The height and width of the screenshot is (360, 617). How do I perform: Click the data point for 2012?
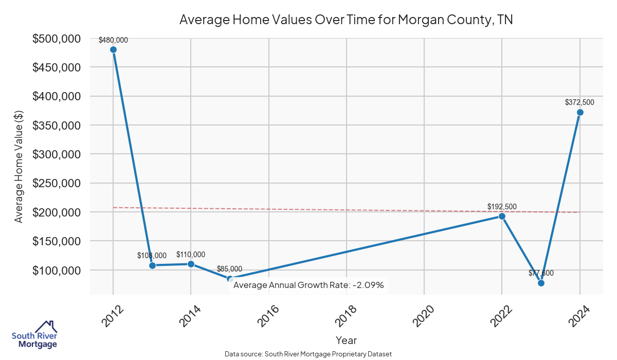pos(113,49)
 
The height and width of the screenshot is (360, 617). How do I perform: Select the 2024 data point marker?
pos(580,112)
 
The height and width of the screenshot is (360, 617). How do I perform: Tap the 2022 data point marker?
pos(502,216)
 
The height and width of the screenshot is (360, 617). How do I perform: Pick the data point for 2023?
pos(541,283)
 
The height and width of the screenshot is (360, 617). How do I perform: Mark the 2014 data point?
pos(191,264)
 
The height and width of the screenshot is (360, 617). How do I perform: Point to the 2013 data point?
pos(152,265)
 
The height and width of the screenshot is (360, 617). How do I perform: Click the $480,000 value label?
pos(113,40)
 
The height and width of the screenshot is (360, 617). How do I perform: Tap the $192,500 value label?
pos(502,207)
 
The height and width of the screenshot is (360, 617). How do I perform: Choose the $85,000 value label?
pos(229,268)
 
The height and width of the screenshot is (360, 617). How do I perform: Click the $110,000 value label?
pos(191,255)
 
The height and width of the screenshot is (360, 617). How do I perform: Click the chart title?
pos(346,20)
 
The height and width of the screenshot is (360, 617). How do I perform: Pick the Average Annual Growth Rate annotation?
pos(308,284)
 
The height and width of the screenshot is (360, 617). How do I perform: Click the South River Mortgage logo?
pos(34,335)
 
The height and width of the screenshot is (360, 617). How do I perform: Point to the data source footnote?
pos(308,354)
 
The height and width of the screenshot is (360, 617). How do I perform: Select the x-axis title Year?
pos(346,340)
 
